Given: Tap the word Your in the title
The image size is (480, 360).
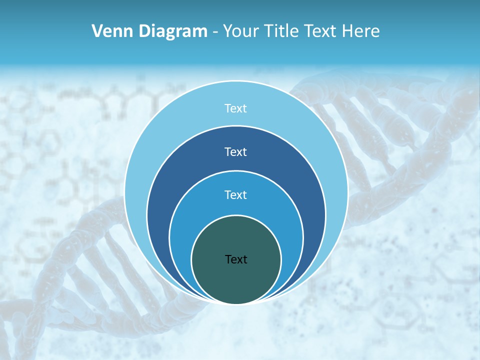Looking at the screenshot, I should pyautogui.click(x=239, y=31).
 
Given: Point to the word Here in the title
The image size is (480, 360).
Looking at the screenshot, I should pyautogui.click(x=360, y=31).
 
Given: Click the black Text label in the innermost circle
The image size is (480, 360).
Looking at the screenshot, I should pyautogui.click(x=236, y=259).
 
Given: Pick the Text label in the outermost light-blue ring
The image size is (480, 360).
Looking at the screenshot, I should pyautogui.click(x=236, y=108).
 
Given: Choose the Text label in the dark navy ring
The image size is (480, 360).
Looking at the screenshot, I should pyautogui.click(x=236, y=151).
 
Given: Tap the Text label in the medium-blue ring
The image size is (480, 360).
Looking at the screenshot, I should pyautogui.click(x=236, y=194).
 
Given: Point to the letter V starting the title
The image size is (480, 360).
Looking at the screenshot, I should pyautogui.click(x=97, y=31).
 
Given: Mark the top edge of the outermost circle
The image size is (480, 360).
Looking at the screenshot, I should pyautogui.click(x=236, y=81).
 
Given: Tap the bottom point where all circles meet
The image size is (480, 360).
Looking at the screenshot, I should pyautogui.click(x=236, y=303).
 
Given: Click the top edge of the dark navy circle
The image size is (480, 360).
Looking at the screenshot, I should pyautogui.click(x=236, y=125).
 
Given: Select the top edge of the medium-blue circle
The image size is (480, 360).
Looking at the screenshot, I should pyautogui.click(x=236, y=170).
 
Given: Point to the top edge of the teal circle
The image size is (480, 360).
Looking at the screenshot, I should pyautogui.click(x=236, y=215).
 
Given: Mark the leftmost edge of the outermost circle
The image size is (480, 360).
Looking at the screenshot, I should pyautogui.click(x=125, y=192).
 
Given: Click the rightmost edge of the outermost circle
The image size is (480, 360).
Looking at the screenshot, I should pyautogui.click(x=347, y=192).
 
